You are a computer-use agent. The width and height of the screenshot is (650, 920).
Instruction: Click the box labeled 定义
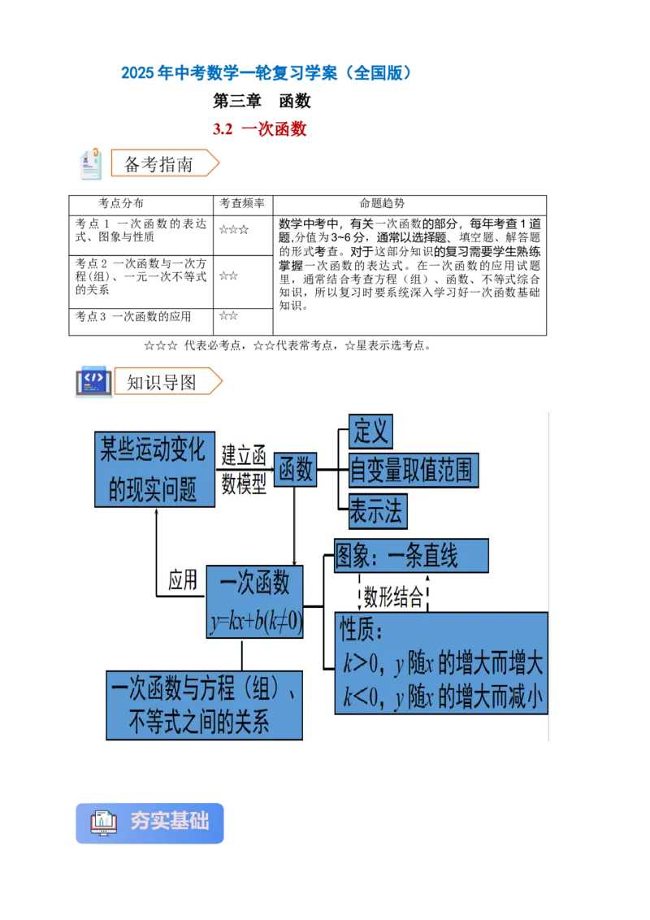370,432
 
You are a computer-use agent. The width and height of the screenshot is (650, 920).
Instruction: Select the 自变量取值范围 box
413,471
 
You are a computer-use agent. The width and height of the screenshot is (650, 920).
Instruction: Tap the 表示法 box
377,511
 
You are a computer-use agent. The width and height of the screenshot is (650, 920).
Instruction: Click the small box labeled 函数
295,470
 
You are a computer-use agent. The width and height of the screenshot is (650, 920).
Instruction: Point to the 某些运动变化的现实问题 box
154,470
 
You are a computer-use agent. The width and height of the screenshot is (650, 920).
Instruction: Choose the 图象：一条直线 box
411,557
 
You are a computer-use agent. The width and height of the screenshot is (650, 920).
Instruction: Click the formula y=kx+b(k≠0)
255,623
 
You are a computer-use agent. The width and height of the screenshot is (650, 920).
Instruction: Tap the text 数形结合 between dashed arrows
393,598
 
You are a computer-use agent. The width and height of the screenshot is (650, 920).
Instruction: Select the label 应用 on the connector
183,579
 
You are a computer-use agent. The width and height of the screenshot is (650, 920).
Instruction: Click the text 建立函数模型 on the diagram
245,470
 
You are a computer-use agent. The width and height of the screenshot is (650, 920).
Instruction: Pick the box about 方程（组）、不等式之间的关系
205,705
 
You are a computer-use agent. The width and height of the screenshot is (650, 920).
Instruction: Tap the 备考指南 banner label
160,163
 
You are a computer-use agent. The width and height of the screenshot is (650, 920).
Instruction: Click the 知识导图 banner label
163,382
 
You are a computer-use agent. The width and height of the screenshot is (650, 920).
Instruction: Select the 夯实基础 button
149,822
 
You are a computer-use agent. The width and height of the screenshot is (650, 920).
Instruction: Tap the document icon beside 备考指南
91,164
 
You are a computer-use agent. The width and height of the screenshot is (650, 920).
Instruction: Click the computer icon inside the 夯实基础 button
104,822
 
